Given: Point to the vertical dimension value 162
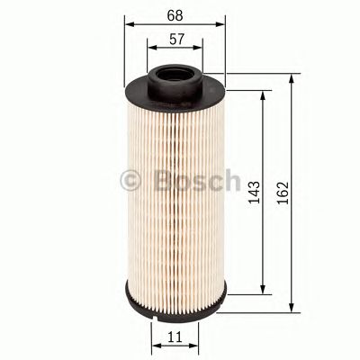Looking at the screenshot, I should (x=284, y=191).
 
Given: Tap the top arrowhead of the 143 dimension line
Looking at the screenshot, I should (x=263, y=94).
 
